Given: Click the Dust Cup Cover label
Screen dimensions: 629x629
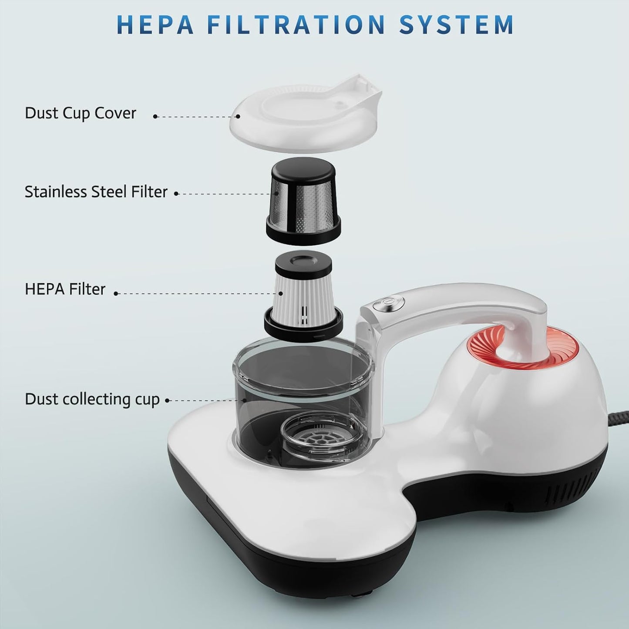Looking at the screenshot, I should coord(81,113).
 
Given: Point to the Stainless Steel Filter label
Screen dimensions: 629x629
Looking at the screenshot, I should coord(96,192).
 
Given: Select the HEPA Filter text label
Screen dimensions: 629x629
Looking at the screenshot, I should coord(65,289).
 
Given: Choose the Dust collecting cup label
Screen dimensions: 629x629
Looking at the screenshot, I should coord(92,399).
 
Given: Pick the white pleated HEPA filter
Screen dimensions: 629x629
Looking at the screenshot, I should coord(303,294).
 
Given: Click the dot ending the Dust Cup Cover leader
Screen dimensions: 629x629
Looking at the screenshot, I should coord(238,116).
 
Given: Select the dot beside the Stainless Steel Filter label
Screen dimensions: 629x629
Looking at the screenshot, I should coord(176,194).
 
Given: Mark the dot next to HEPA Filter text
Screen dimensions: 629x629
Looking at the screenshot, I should coord(116,294).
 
